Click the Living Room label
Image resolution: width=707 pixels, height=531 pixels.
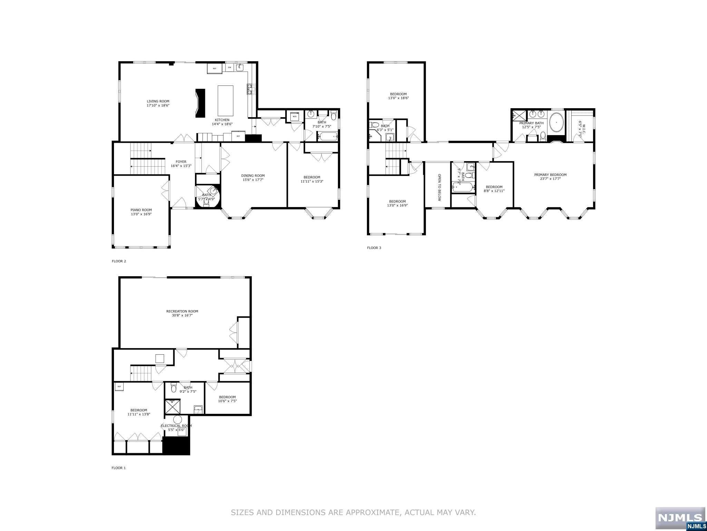(x=158, y=101)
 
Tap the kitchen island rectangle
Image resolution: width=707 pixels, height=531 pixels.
(x=225, y=101)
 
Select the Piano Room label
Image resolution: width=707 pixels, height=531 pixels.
(x=141, y=210)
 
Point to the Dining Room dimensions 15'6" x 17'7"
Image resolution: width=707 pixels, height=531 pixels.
(x=253, y=180)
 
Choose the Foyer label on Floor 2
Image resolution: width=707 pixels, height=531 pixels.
(x=181, y=162)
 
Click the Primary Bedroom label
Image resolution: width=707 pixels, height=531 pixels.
(x=550, y=175)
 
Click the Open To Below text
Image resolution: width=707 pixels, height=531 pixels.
(x=439, y=187)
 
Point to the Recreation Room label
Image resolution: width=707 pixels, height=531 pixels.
(x=182, y=311)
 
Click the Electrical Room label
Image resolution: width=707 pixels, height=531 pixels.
(x=176, y=426)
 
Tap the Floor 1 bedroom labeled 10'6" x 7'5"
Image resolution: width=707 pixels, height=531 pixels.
(x=227, y=399)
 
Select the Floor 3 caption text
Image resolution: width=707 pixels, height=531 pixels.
(x=374, y=248)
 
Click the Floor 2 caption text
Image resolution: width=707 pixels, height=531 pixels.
(x=119, y=261)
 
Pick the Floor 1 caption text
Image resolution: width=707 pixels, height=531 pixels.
(x=118, y=468)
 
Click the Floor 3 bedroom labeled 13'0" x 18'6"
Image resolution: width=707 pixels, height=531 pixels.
(x=398, y=96)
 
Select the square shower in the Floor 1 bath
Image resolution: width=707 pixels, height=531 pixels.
(x=172, y=407)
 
